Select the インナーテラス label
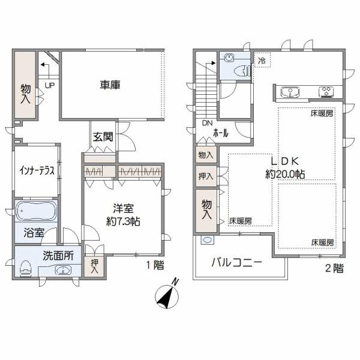click(x=36, y=170)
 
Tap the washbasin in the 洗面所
click(x=62, y=270)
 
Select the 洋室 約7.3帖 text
click(x=122, y=215)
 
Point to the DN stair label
click(x=207, y=124)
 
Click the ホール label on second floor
click(x=220, y=134)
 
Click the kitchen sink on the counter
click(x=292, y=92)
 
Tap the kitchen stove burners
click(x=327, y=92)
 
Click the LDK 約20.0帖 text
click(x=284, y=167)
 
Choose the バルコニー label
click(x=236, y=263)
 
